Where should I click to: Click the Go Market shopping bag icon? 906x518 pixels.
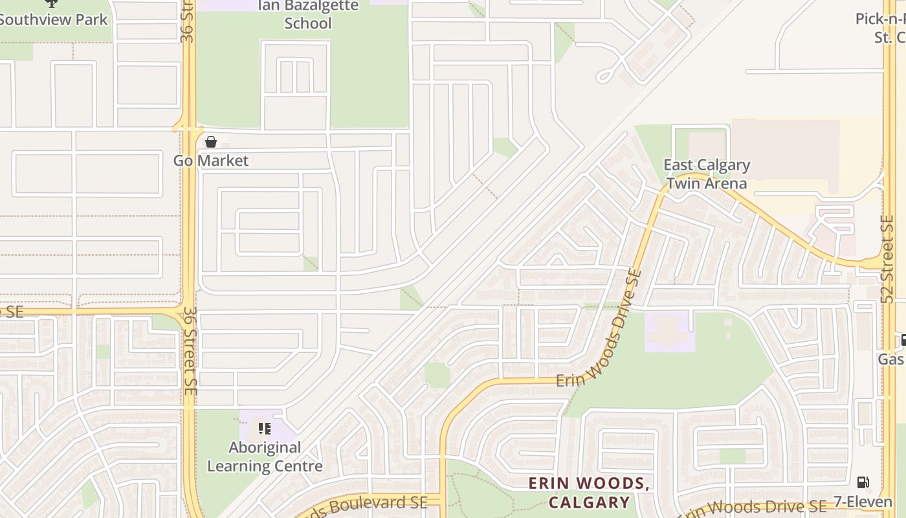pos(211,141)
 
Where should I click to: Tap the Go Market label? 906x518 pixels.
pos(211,161)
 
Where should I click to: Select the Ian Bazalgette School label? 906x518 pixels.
pos(308,14)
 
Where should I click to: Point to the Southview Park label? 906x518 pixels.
pos(53,19)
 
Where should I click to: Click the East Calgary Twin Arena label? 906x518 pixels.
pos(707,174)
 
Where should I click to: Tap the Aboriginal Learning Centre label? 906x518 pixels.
pos(264,456)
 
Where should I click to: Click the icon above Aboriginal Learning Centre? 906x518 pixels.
pos(264,428)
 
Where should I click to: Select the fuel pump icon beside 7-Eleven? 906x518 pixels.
pos(862,482)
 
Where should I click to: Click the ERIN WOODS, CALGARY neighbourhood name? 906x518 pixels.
pos(589,493)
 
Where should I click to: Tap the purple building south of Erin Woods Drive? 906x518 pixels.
pos(669,332)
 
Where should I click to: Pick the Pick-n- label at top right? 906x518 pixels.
pos(880,19)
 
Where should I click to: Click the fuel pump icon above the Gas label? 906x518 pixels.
pos(903,340)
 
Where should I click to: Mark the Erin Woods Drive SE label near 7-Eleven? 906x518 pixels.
pos(754,509)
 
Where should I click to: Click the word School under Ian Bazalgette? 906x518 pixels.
pos(308,23)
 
